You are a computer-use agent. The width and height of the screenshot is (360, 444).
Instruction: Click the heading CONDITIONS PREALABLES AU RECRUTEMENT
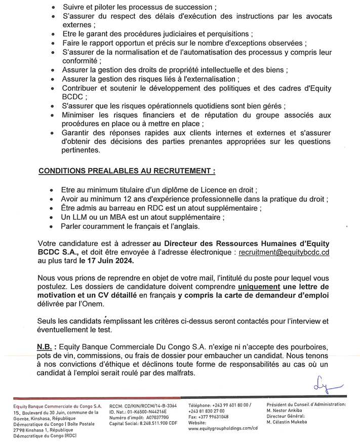click(x=127, y=172)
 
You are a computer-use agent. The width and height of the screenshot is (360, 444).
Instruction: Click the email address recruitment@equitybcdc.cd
click(x=284, y=252)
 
